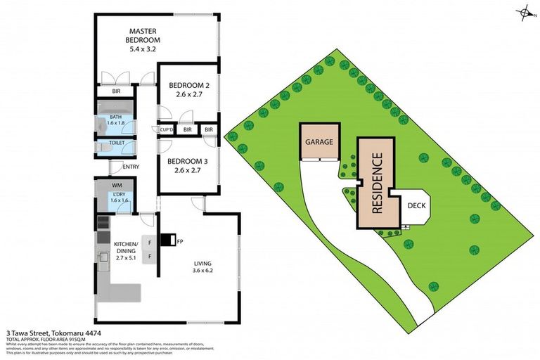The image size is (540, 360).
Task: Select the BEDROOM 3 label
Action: (x=186, y=159)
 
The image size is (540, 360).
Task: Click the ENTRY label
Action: (x=131, y=167)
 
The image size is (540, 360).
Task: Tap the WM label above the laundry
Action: (x=117, y=186)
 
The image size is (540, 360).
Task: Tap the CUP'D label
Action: (x=167, y=130)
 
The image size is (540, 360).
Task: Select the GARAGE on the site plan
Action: (x=319, y=141)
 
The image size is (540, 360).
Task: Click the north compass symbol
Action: (x=523, y=12)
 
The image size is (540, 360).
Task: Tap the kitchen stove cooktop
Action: (x=103, y=224)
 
